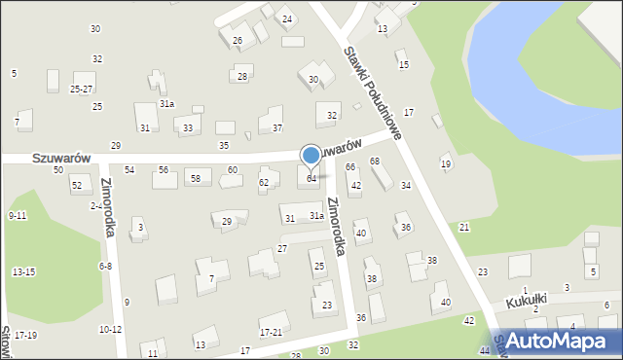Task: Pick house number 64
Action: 311,179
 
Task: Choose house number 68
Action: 374,161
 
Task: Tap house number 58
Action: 195,178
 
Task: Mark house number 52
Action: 77,185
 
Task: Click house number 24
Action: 286,19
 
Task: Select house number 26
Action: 238,41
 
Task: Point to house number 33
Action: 187,127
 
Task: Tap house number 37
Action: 277,127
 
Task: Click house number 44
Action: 485,350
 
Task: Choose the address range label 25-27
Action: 82,89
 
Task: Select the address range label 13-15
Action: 23,271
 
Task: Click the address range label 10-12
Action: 110,330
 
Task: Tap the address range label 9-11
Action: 18,215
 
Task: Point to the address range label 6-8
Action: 105,266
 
